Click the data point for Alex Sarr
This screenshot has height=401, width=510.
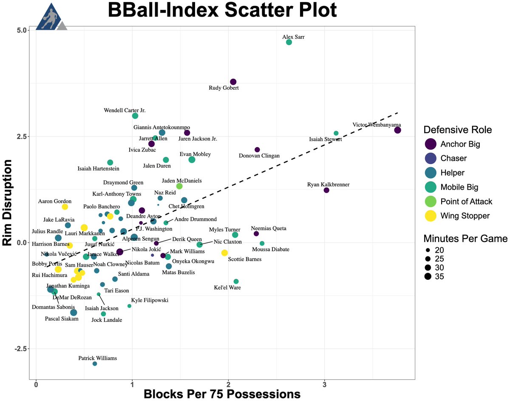pyautogui.click(x=289, y=42)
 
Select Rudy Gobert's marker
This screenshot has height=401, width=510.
pyautogui.click(x=233, y=82)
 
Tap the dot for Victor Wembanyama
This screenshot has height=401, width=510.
pyautogui.click(x=397, y=130)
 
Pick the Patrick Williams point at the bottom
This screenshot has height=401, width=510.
pyautogui.click(x=95, y=364)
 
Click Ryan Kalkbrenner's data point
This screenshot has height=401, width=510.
pyautogui.click(x=326, y=190)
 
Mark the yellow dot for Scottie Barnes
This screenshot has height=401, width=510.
pyautogui.click(x=224, y=253)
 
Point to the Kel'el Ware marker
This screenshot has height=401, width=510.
pyautogui.click(x=236, y=282)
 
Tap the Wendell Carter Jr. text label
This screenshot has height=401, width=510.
pyautogui.click(x=125, y=111)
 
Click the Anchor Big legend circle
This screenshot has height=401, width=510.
pyautogui.click(x=431, y=144)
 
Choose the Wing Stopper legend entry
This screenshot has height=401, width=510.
pyautogui.click(x=465, y=216)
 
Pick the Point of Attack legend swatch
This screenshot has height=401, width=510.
pyautogui.click(x=431, y=201)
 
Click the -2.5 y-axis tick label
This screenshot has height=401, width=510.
pyautogui.click(x=20, y=349)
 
